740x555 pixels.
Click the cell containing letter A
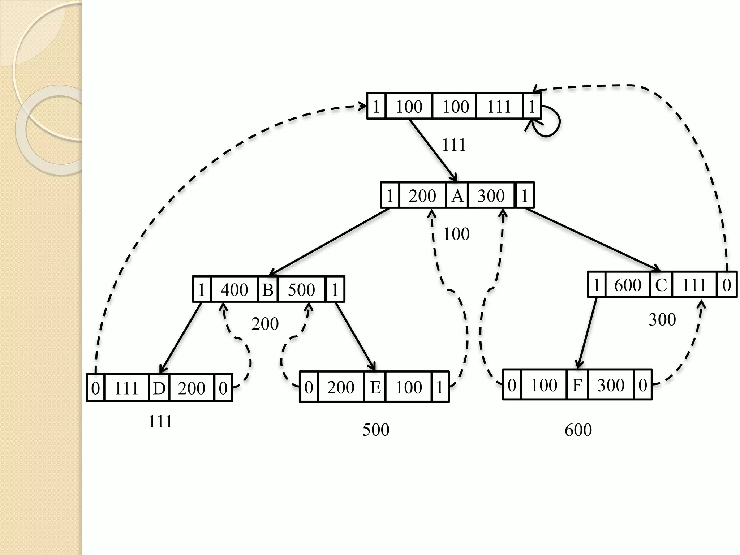click(457, 196)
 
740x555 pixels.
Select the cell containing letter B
click(268, 289)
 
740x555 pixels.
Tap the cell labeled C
click(661, 285)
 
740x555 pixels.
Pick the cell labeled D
click(159, 388)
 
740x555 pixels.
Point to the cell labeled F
click(577, 385)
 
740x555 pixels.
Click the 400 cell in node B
click(235, 289)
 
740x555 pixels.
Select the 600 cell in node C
click(628, 285)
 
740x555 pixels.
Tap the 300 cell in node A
click(491, 196)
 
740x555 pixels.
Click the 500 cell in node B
click(301, 289)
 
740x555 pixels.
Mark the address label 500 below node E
click(376, 430)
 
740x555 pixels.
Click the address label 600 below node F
click(578, 430)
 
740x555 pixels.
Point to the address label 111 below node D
click(160, 422)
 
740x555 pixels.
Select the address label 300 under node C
click(662, 319)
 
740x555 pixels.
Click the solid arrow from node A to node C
click(593, 240)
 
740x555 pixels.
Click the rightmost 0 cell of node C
click(727, 285)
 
